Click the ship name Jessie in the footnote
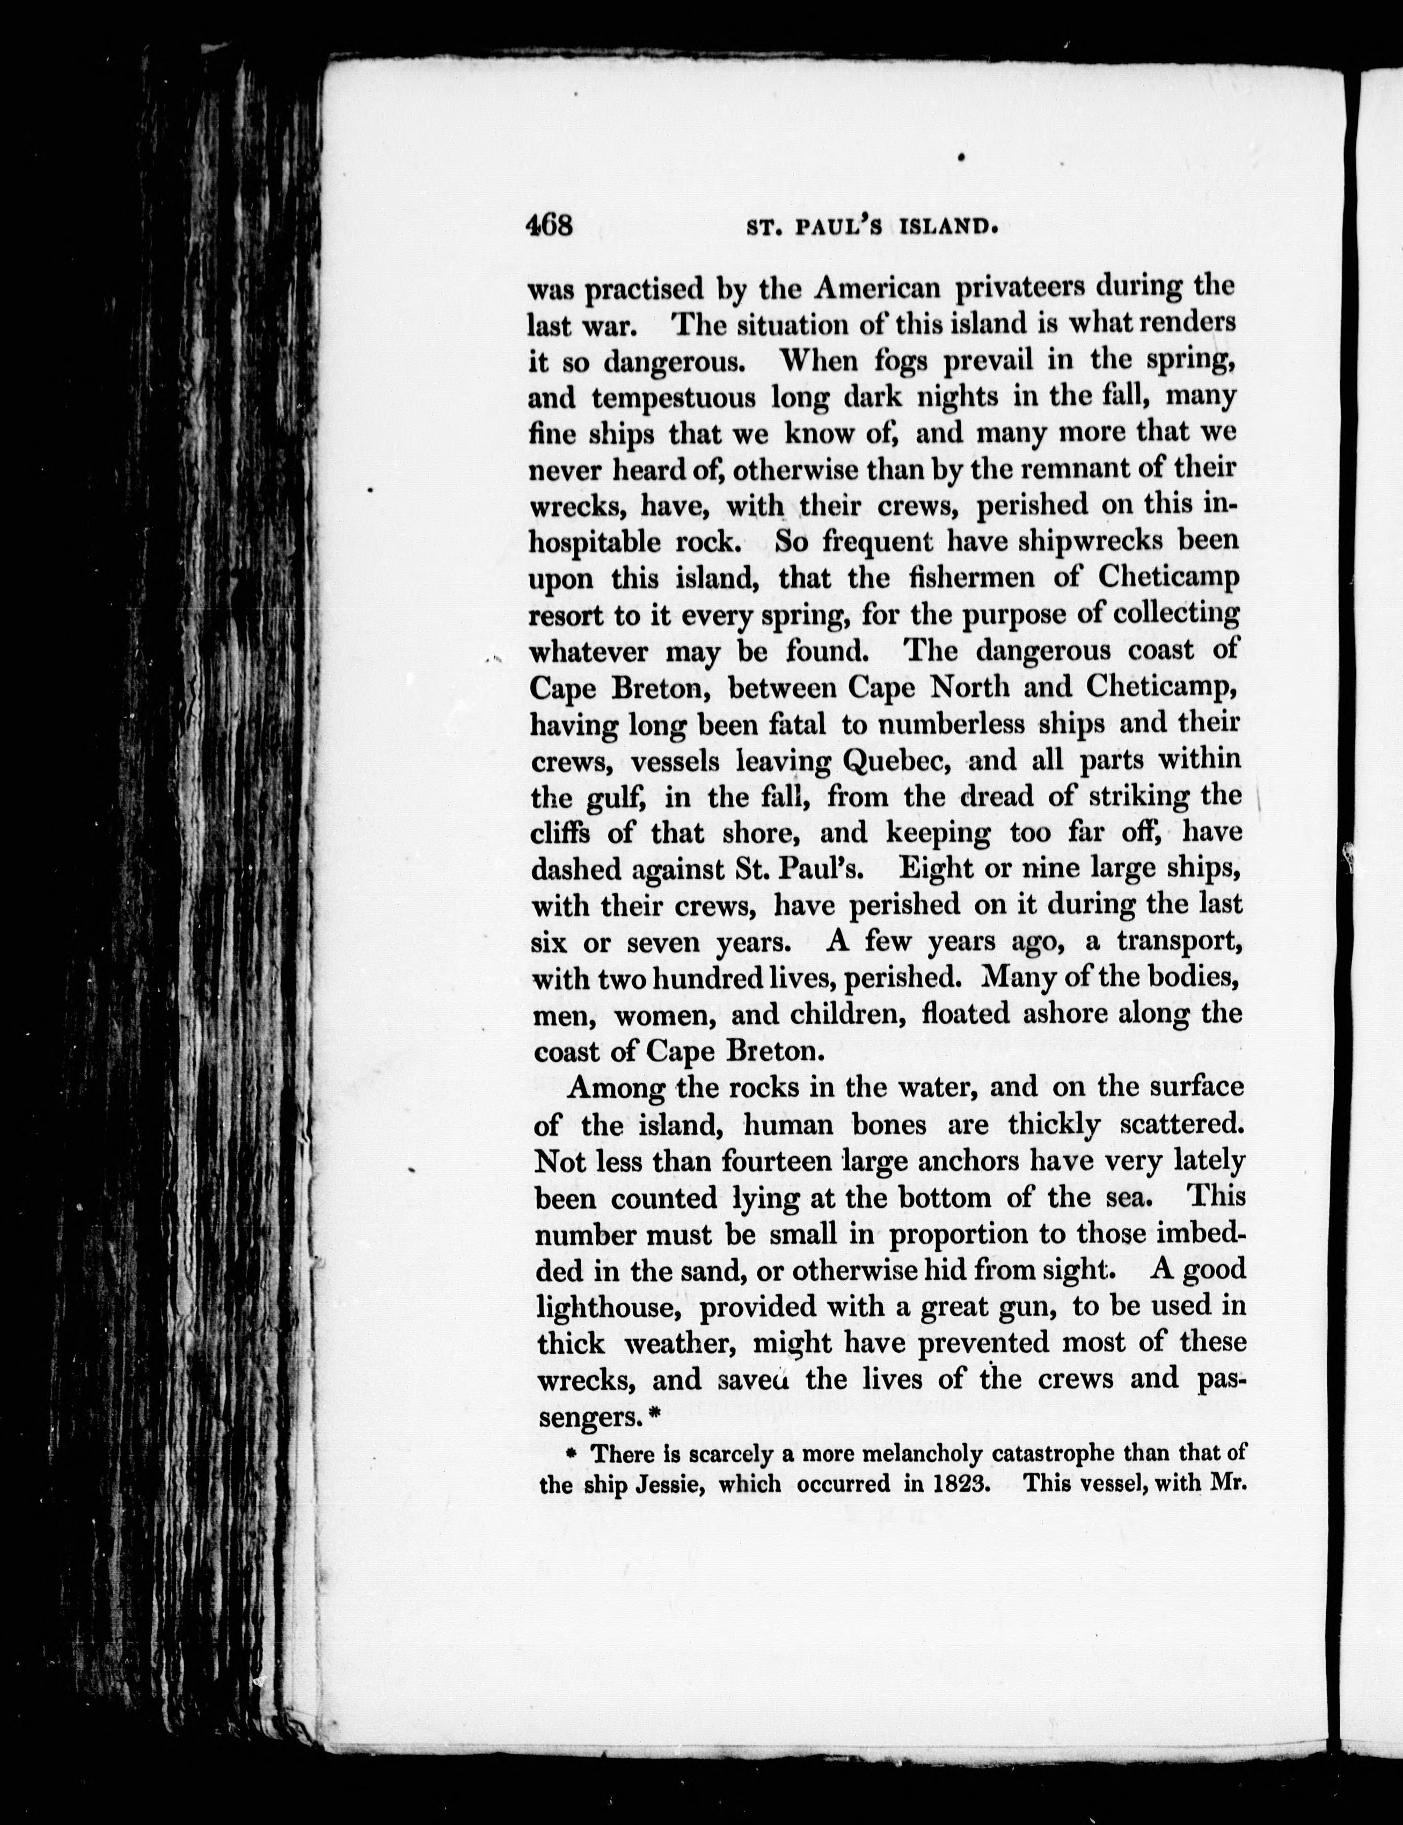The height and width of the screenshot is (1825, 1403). point(673,1484)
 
